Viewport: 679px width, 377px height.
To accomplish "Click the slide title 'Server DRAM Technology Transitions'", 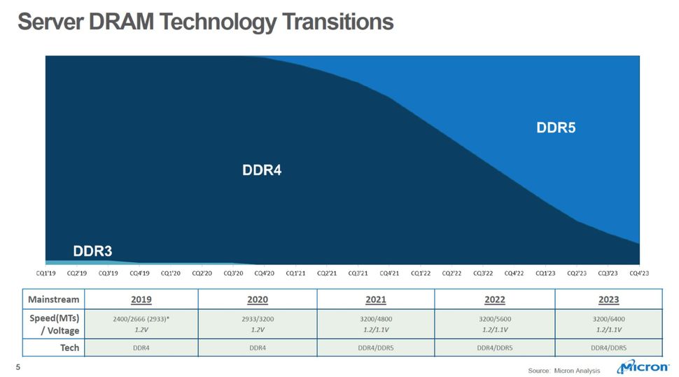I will tap(205, 22).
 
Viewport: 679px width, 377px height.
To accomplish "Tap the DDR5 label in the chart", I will tap(555, 128).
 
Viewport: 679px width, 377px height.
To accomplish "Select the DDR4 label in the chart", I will tap(261, 170).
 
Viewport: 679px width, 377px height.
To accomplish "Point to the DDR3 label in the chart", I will tap(92, 251).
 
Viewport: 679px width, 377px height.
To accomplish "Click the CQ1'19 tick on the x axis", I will tap(47, 273).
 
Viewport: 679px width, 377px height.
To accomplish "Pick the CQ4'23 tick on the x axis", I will tap(638, 273).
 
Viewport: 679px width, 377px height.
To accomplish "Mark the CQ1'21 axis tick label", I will tap(295, 273).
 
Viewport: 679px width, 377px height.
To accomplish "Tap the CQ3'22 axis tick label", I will tap(483, 273).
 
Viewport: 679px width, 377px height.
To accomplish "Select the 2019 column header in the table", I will tap(141, 299).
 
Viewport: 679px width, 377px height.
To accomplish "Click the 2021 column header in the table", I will tap(376, 299).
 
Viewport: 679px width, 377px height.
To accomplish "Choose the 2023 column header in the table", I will tap(608, 299).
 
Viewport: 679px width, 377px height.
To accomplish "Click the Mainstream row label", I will tap(53, 299).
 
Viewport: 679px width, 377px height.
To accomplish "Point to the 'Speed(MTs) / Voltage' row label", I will tap(53, 324).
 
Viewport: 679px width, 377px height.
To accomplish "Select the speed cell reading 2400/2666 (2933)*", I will tap(141, 319).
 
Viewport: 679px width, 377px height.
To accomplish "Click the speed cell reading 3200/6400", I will tap(608, 319).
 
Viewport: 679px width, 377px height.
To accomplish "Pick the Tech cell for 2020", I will tap(258, 348).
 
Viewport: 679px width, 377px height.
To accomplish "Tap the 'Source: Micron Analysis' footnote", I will tap(563, 370).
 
